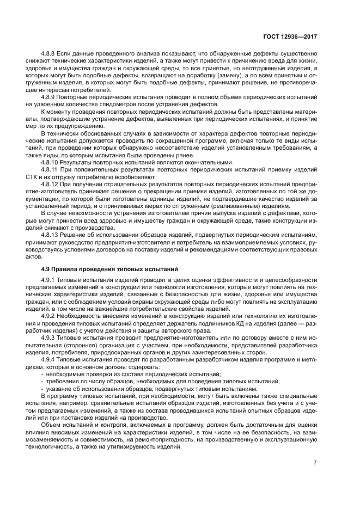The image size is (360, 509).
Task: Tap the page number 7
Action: (x=315, y=463)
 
